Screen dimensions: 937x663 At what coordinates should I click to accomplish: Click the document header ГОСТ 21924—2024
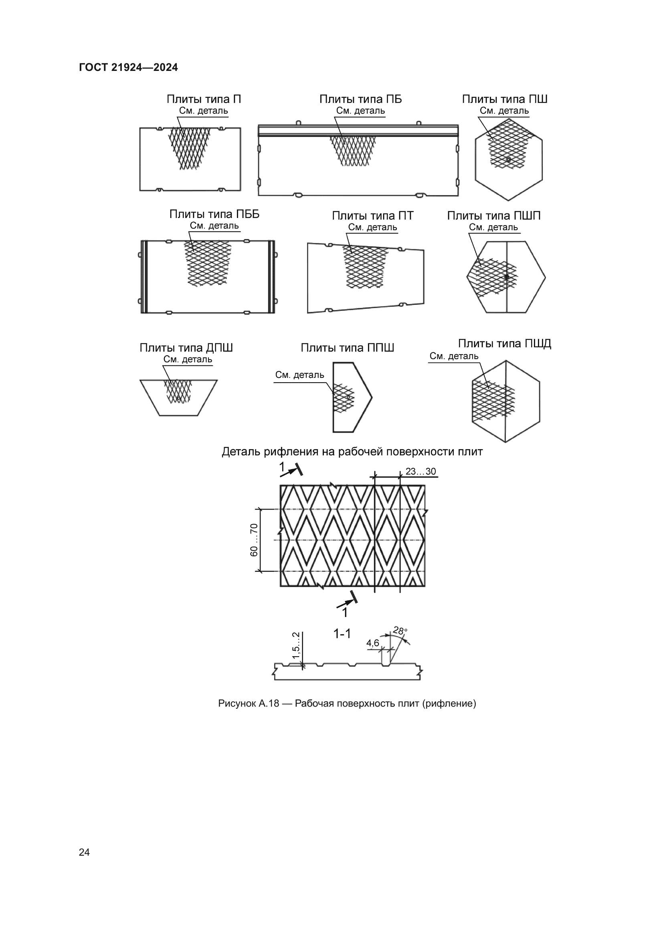[128, 68]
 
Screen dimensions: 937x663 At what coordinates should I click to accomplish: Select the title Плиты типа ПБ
[360, 99]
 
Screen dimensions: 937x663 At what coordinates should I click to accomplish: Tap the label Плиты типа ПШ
[505, 99]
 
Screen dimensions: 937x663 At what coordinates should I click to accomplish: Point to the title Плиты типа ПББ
[214, 214]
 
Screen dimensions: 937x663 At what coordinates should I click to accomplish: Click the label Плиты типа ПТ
[372, 216]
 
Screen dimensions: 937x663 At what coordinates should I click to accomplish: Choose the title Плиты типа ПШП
[493, 216]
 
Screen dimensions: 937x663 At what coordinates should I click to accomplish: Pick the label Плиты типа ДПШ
[186, 348]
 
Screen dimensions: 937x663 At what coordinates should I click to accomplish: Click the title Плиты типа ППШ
[348, 348]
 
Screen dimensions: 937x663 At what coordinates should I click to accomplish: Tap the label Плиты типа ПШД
[505, 344]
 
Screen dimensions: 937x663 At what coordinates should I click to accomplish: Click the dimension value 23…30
[420, 472]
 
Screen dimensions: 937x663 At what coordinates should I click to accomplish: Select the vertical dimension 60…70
[254, 540]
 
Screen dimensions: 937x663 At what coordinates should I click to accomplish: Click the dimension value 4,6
[373, 643]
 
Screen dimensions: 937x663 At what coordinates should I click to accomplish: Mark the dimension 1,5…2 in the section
[296, 645]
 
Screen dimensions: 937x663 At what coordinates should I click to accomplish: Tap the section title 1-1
[342, 634]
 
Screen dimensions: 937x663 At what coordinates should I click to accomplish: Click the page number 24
[84, 852]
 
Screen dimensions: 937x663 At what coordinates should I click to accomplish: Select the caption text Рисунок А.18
[249, 703]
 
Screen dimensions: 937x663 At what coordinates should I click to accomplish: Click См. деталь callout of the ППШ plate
[300, 375]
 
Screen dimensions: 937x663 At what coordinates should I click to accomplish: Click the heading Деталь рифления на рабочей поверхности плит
[352, 452]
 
